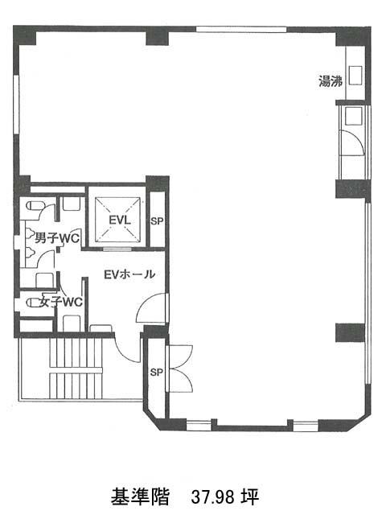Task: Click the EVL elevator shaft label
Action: click(x=120, y=220)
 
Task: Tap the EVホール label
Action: click(x=129, y=274)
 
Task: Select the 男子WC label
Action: click(x=57, y=238)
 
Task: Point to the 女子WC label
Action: click(x=61, y=302)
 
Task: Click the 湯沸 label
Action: click(x=331, y=81)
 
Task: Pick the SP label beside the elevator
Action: click(x=157, y=221)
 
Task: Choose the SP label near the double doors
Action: click(x=157, y=372)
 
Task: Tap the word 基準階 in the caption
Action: click(x=140, y=496)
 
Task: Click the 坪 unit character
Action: click(x=250, y=496)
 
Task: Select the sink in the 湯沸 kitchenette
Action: click(x=355, y=76)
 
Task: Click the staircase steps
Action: click(x=76, y=369)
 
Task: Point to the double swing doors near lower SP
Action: click(x=180, y=368)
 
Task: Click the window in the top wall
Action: click(x=241, y=29)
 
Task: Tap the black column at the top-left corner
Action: click(x=25, y=35)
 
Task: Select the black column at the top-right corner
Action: click(x=353, y=36)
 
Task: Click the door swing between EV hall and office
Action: click(x=152, y=308)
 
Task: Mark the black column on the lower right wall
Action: click(x=350, y=332)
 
